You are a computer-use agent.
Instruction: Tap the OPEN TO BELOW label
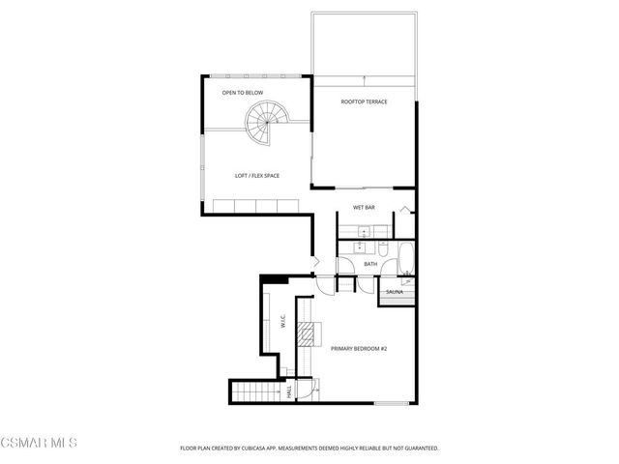pyautogui.click(x=242, y=93)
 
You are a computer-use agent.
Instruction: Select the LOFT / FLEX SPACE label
pyautogui.click(x=258, y=175)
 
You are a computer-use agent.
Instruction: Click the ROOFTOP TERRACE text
pyautogui.click(x=364, y=101)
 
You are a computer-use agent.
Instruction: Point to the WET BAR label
pyautogui.click(x=364, y=208)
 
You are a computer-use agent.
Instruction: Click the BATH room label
pyautogui.click(x=369, y=264)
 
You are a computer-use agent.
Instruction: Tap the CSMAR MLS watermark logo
pyautogui.click(x=39, y=444)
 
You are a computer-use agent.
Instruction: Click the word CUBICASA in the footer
pyautogui.click(x=267, y=449)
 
